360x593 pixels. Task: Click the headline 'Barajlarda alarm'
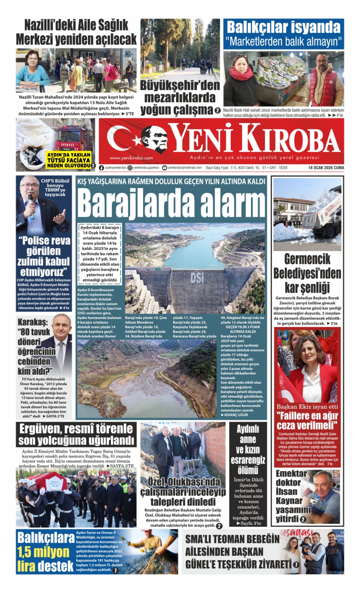pos(171,203)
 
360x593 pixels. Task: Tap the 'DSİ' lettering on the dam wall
pos(197,278)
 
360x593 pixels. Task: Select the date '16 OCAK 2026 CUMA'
pos(326,168)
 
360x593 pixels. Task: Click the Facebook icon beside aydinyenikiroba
pos(102,168)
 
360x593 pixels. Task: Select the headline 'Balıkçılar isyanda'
pos(283,27)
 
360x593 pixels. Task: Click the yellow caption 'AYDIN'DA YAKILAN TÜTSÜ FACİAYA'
pos(69,158)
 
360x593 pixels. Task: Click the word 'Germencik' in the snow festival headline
pos(307,259)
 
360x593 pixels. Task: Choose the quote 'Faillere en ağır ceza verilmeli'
pos(307,420)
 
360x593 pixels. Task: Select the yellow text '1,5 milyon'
pos(43,552)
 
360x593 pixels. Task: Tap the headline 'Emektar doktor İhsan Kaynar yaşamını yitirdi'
pos(292,496)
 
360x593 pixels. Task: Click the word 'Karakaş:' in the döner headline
pos(33,322)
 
